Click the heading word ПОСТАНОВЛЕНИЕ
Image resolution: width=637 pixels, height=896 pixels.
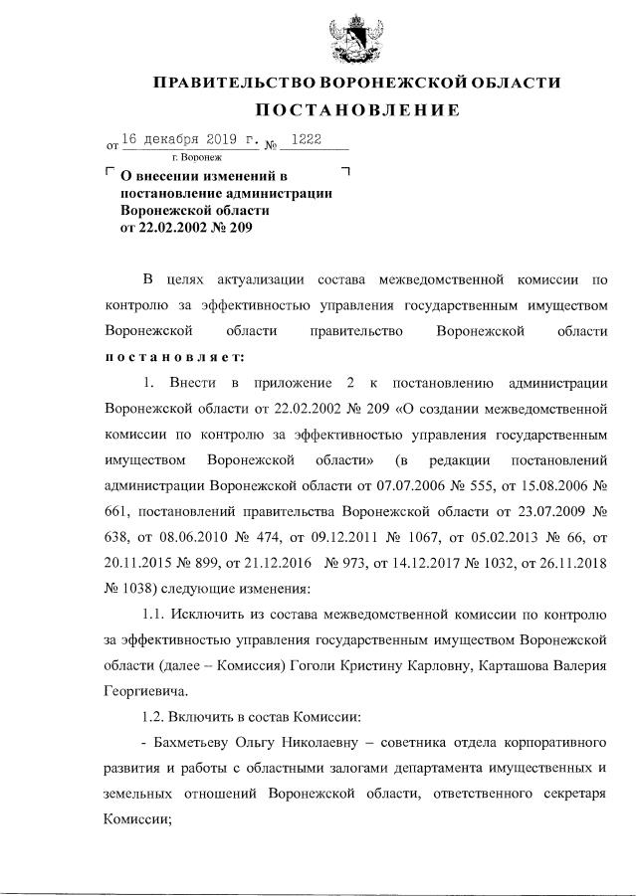pos(355,109)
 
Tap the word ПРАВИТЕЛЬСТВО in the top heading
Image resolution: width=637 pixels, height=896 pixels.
pos(229,82)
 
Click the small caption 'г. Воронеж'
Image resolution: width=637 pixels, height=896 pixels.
pos(195,157)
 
